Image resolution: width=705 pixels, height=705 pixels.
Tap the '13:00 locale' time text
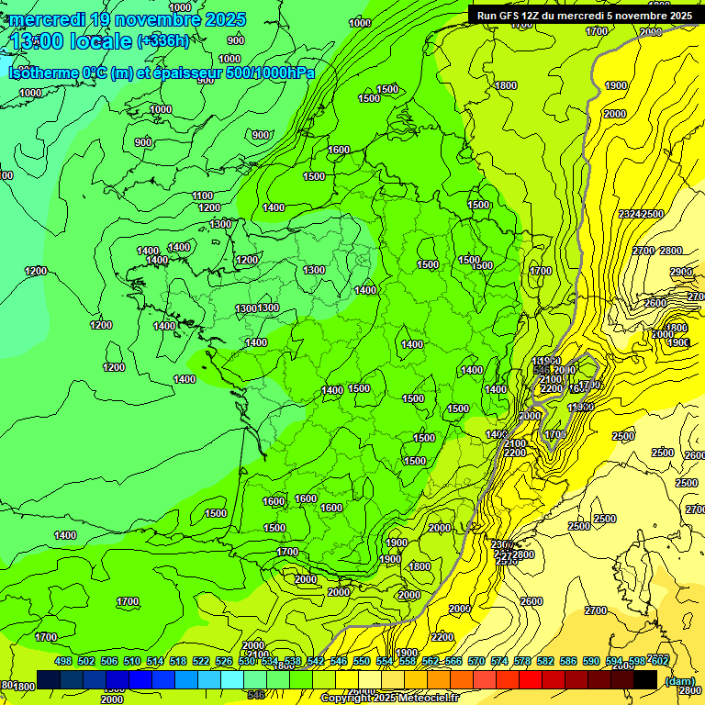(x=72, y=41)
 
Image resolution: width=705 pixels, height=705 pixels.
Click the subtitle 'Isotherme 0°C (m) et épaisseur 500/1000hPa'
(x=161, y=73)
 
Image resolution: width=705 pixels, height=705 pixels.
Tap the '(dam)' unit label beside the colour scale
(x=679, y=681)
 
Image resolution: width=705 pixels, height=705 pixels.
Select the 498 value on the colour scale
(x=63, y=661)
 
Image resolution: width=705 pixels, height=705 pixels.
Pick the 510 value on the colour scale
(x=132, y=661)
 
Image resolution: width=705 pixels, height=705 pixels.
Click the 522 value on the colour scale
(x=201, y=661)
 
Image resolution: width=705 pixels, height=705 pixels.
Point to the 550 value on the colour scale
(x=362, y=661)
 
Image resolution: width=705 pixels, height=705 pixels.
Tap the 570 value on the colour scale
(x=476, y=661)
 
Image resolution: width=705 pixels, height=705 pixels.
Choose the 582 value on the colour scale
(x=545, y=661)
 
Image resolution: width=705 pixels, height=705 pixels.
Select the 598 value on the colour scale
(x=637, y=661)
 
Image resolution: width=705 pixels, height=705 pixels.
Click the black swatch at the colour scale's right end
(x=645, y=679)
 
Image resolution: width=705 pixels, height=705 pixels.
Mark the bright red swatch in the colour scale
(x=531, y=679)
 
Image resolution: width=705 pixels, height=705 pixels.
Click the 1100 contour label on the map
(x=204, y=196)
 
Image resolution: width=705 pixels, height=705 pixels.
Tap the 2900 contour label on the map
(x=681, y=273)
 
